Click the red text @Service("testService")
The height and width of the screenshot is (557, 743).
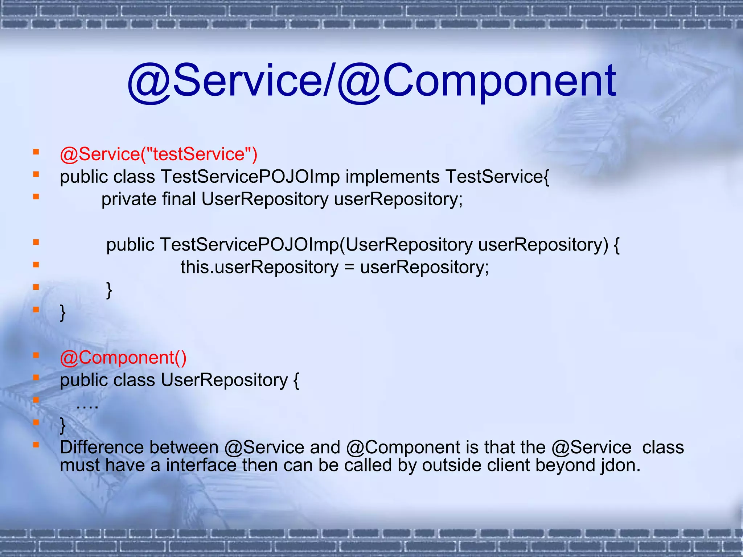tap(159, 154)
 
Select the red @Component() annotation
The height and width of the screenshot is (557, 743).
tap(123, 358)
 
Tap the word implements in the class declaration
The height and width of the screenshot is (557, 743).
tap(393, 177)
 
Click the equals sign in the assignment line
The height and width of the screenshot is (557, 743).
tap(349, 268)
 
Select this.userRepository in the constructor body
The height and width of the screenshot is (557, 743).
tap(259, 268)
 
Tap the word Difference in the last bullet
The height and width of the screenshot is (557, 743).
tap(102, 447)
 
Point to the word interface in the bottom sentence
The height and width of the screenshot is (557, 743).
tap(201, 465)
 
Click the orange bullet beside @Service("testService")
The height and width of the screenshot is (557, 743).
tap(36, 152)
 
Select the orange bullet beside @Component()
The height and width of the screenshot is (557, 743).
tap(36, 355)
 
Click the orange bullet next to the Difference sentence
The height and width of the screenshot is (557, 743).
tap(36, 445)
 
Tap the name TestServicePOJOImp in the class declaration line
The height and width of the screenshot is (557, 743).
tap(250, 177)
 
